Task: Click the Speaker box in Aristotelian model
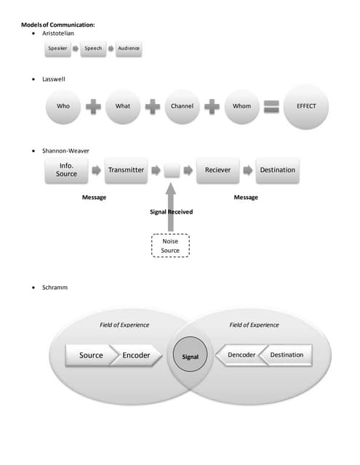point(57,49)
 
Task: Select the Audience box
point(128,49)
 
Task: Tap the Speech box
point(92,49)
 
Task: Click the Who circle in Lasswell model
point(63,106)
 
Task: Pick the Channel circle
point(182,106)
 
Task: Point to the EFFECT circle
point(306,106)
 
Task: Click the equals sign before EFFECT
point(271,106)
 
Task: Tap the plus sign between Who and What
point(93,106)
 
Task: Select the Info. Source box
point(66,170)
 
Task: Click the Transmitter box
point(126,170)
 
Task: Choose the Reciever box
point(217,170)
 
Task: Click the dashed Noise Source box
point(169,246)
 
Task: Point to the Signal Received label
point(172,212)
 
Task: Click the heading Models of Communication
point(57,25)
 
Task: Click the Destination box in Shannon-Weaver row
point(277,170)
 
